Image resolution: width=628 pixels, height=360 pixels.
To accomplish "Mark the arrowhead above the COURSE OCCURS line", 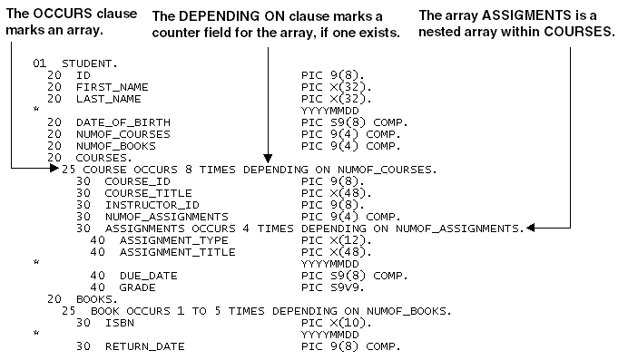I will click(x=267, y=156).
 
